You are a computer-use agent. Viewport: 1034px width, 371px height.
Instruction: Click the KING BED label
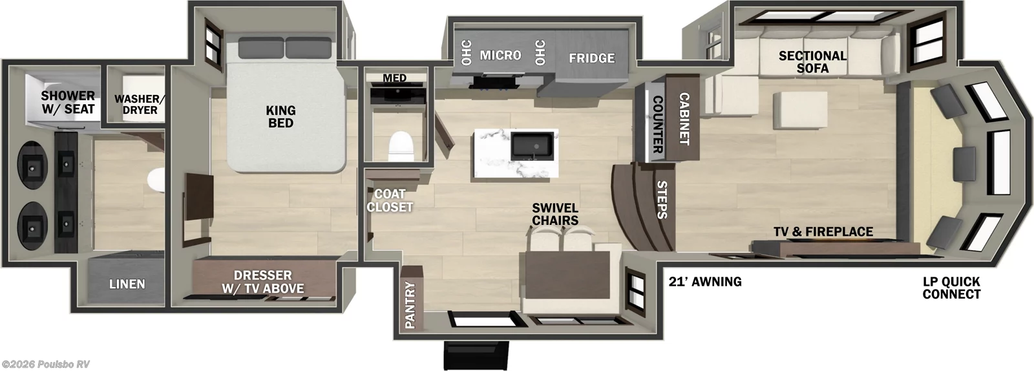280,117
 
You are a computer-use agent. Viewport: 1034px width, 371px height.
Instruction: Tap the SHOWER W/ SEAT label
68,103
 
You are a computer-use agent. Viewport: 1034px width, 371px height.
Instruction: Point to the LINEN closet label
127,284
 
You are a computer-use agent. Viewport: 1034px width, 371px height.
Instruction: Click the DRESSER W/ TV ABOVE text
263,282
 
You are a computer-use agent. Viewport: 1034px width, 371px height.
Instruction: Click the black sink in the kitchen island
532,145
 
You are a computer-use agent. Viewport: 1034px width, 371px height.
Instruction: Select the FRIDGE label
591,58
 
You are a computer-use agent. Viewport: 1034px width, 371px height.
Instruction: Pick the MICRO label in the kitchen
500,55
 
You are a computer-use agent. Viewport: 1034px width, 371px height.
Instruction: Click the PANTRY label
410,305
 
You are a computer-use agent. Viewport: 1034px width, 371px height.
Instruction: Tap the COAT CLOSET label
390,200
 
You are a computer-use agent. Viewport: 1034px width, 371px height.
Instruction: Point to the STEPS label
662,200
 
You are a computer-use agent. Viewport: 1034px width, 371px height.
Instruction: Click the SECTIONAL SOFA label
812,61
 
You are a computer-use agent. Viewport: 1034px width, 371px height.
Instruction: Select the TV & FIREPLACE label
823,231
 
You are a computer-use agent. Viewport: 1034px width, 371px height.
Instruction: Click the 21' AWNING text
704,281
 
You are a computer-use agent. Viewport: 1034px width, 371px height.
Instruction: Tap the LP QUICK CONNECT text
951,288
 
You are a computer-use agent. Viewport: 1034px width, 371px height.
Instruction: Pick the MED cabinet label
394,78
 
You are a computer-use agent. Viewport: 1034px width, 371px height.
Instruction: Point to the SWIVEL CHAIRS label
555,214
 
